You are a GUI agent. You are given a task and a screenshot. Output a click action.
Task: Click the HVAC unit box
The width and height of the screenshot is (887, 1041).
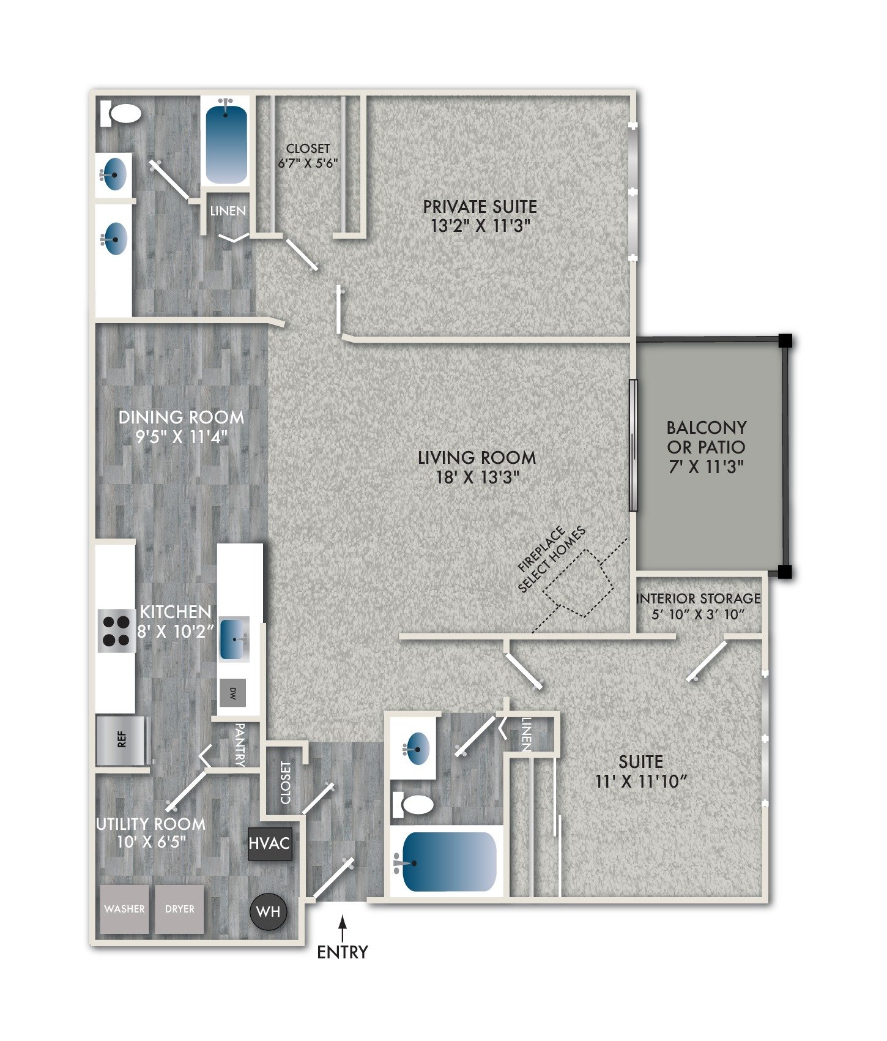[269, 843]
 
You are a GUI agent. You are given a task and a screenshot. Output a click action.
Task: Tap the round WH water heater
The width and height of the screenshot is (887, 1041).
[268, 911]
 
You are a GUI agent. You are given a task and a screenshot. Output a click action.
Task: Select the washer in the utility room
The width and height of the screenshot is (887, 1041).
[125, 909]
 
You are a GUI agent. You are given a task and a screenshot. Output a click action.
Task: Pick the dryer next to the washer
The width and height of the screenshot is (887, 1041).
[179, 909]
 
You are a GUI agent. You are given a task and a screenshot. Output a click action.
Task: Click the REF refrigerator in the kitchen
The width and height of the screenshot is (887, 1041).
[123, 740]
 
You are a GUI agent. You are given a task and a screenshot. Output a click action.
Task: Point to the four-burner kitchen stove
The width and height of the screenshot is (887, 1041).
[116, 631]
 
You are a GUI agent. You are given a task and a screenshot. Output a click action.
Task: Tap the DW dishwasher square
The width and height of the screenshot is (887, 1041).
[233, 693]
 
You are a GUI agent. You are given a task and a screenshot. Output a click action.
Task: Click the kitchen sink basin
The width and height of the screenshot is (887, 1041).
[234, 639]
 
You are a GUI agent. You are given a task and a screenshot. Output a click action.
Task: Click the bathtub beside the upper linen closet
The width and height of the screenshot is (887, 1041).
[226, 143]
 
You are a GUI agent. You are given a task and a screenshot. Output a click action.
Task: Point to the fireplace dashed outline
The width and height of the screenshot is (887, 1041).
[579, 583]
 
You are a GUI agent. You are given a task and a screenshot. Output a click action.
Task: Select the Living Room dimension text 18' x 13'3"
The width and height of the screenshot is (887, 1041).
[478, 477]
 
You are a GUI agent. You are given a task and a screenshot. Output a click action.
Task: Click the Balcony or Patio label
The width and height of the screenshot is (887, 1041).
[707, 437]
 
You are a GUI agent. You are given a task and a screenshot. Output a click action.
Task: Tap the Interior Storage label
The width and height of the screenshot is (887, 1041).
[698, 599]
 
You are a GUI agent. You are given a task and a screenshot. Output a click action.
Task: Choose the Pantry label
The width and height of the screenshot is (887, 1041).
[240, 744]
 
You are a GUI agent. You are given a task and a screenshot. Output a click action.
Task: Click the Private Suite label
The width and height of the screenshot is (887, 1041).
[480, 207]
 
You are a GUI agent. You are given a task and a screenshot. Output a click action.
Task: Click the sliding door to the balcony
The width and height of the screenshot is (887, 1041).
[633, 445]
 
